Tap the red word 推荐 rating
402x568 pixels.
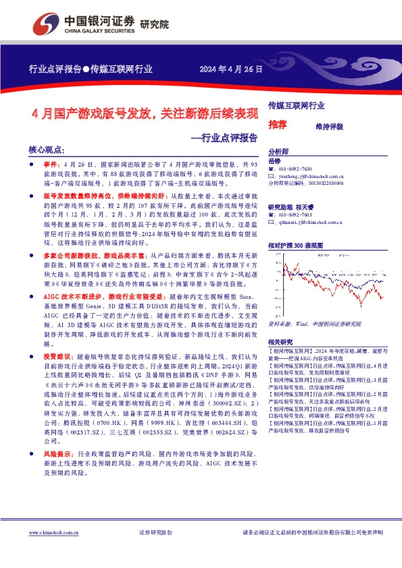click(277, 125)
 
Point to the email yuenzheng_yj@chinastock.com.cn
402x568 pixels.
click(315, 175)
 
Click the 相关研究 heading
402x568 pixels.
click(281, 341)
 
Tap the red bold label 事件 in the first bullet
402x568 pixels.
click(52, 164)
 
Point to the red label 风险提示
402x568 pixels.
click(57, 455)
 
